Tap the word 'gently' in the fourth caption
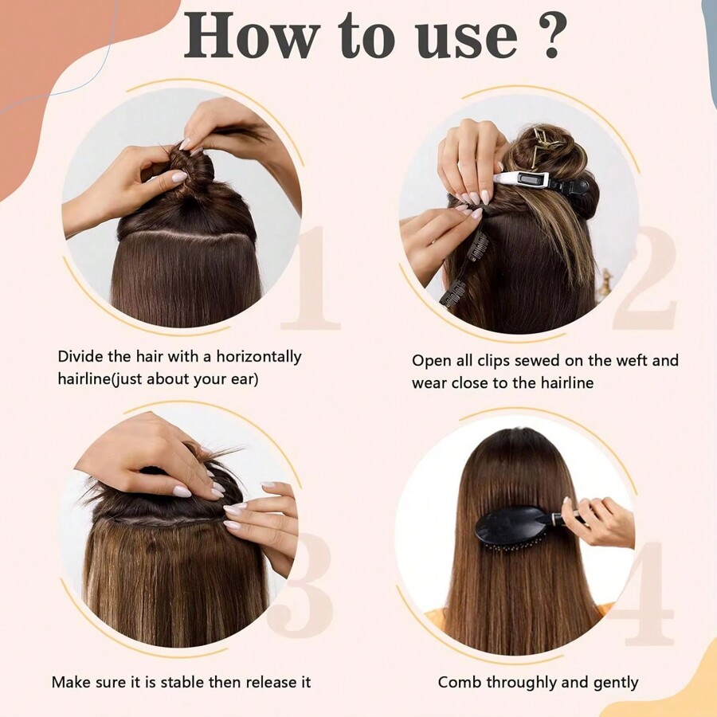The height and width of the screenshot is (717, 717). pyautogui.click(x=613, y=683)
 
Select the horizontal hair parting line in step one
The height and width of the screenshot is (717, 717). pyautogui.click(x=187, y=237)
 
